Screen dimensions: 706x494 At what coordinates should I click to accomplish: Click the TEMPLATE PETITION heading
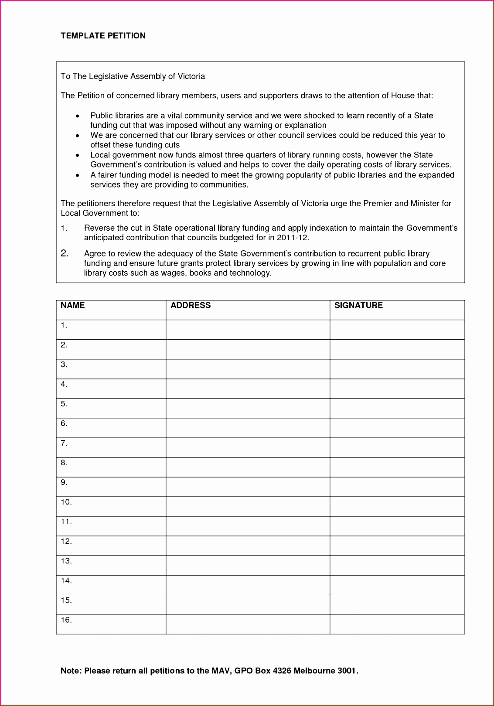point(103,36)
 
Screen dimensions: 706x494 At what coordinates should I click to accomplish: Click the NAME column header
point(72,305)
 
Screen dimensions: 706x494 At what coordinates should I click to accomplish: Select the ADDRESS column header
point(191,305)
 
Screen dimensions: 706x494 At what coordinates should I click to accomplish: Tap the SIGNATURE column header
point(358,305)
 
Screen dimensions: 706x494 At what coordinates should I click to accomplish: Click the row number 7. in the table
point(64,443)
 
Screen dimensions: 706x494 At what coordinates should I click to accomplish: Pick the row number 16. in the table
point(66,620)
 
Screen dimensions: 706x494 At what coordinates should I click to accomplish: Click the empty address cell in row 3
point(248,369)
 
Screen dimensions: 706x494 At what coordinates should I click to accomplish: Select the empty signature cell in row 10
point(397,506)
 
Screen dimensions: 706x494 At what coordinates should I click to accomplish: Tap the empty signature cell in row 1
point(397,330)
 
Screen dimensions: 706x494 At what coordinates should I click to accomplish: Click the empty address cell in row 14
point(248,585)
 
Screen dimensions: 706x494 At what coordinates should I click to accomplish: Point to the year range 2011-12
point(292,238)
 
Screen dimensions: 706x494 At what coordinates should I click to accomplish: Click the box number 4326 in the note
point(282,671)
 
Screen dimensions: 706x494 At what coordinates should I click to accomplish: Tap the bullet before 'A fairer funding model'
point(77,175)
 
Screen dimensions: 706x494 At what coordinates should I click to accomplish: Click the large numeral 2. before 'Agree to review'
point(65,253)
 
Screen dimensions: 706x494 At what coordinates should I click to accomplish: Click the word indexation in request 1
point(328,228)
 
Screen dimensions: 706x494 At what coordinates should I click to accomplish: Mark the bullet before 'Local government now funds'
point(77,155)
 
